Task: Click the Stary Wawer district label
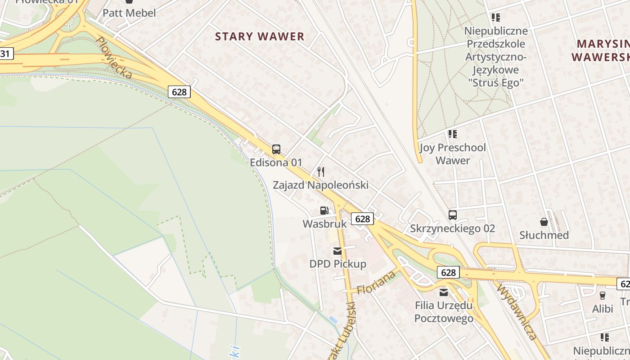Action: pyautogui.click(x=260, y=36)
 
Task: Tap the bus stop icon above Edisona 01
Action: pyautogui.click(x=276, y=149)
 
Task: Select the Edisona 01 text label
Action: pyautogui.click(x=276, y=162)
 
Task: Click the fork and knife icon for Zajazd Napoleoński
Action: pyautogui.click(x=321, y=171)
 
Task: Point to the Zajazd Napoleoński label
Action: pyautogui.click(x=320, y=185)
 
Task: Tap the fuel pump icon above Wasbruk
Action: pyautogui.click(x=324, y=210)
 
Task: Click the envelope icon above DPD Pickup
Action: pyautogui.click(x=337, y=251)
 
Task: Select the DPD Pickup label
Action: pyautogui.click(x=337, y=264)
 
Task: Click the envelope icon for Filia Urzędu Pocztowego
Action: pyautogui.click(x=444, y=293)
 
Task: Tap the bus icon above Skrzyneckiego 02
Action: pyautogui.click(x=453, y=215)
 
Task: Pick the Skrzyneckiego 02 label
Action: pyautogui.click(x=452, y=229)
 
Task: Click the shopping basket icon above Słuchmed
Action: pyautogui.click(x=544, y=222)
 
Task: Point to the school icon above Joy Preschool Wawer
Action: pyautogui.click(x=453, y=134)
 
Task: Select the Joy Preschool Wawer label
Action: pyautogui.click(x=453, y=154)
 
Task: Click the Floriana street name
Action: pyautogui.click(x=376, y=282)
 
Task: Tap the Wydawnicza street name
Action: pyautogui.click(x=517, y=311)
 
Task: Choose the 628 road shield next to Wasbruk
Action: pyautogui.click(x=362, y=219)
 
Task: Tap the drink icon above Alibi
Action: pyautogui.click(x=603, y=296)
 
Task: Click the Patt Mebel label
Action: pyautogui.click(x=129, y=13)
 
